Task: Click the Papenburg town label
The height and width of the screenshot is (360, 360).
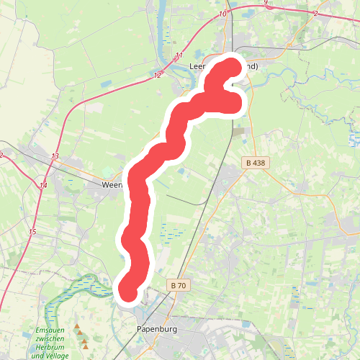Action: tap(157, 330)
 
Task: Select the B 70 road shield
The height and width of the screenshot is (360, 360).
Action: tap(179, 286)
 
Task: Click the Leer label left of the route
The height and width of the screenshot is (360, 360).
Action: tap(197, 66)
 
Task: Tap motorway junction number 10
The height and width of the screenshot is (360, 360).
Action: tap(222, 14)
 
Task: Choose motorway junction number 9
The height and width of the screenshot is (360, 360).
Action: tap(266, 3)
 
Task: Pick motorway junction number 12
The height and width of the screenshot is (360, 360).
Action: tap(158, 75)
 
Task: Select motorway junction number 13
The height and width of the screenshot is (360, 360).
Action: tap(55, 156)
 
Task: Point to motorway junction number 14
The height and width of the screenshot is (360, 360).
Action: tap(43, 186)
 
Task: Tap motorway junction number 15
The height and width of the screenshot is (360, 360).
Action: tap(32, 232)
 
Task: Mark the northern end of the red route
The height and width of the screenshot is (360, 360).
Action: tap(233, 67)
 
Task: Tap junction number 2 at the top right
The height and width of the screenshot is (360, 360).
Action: tap(316, 14)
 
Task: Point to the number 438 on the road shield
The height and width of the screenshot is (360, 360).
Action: tap(258, 163)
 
